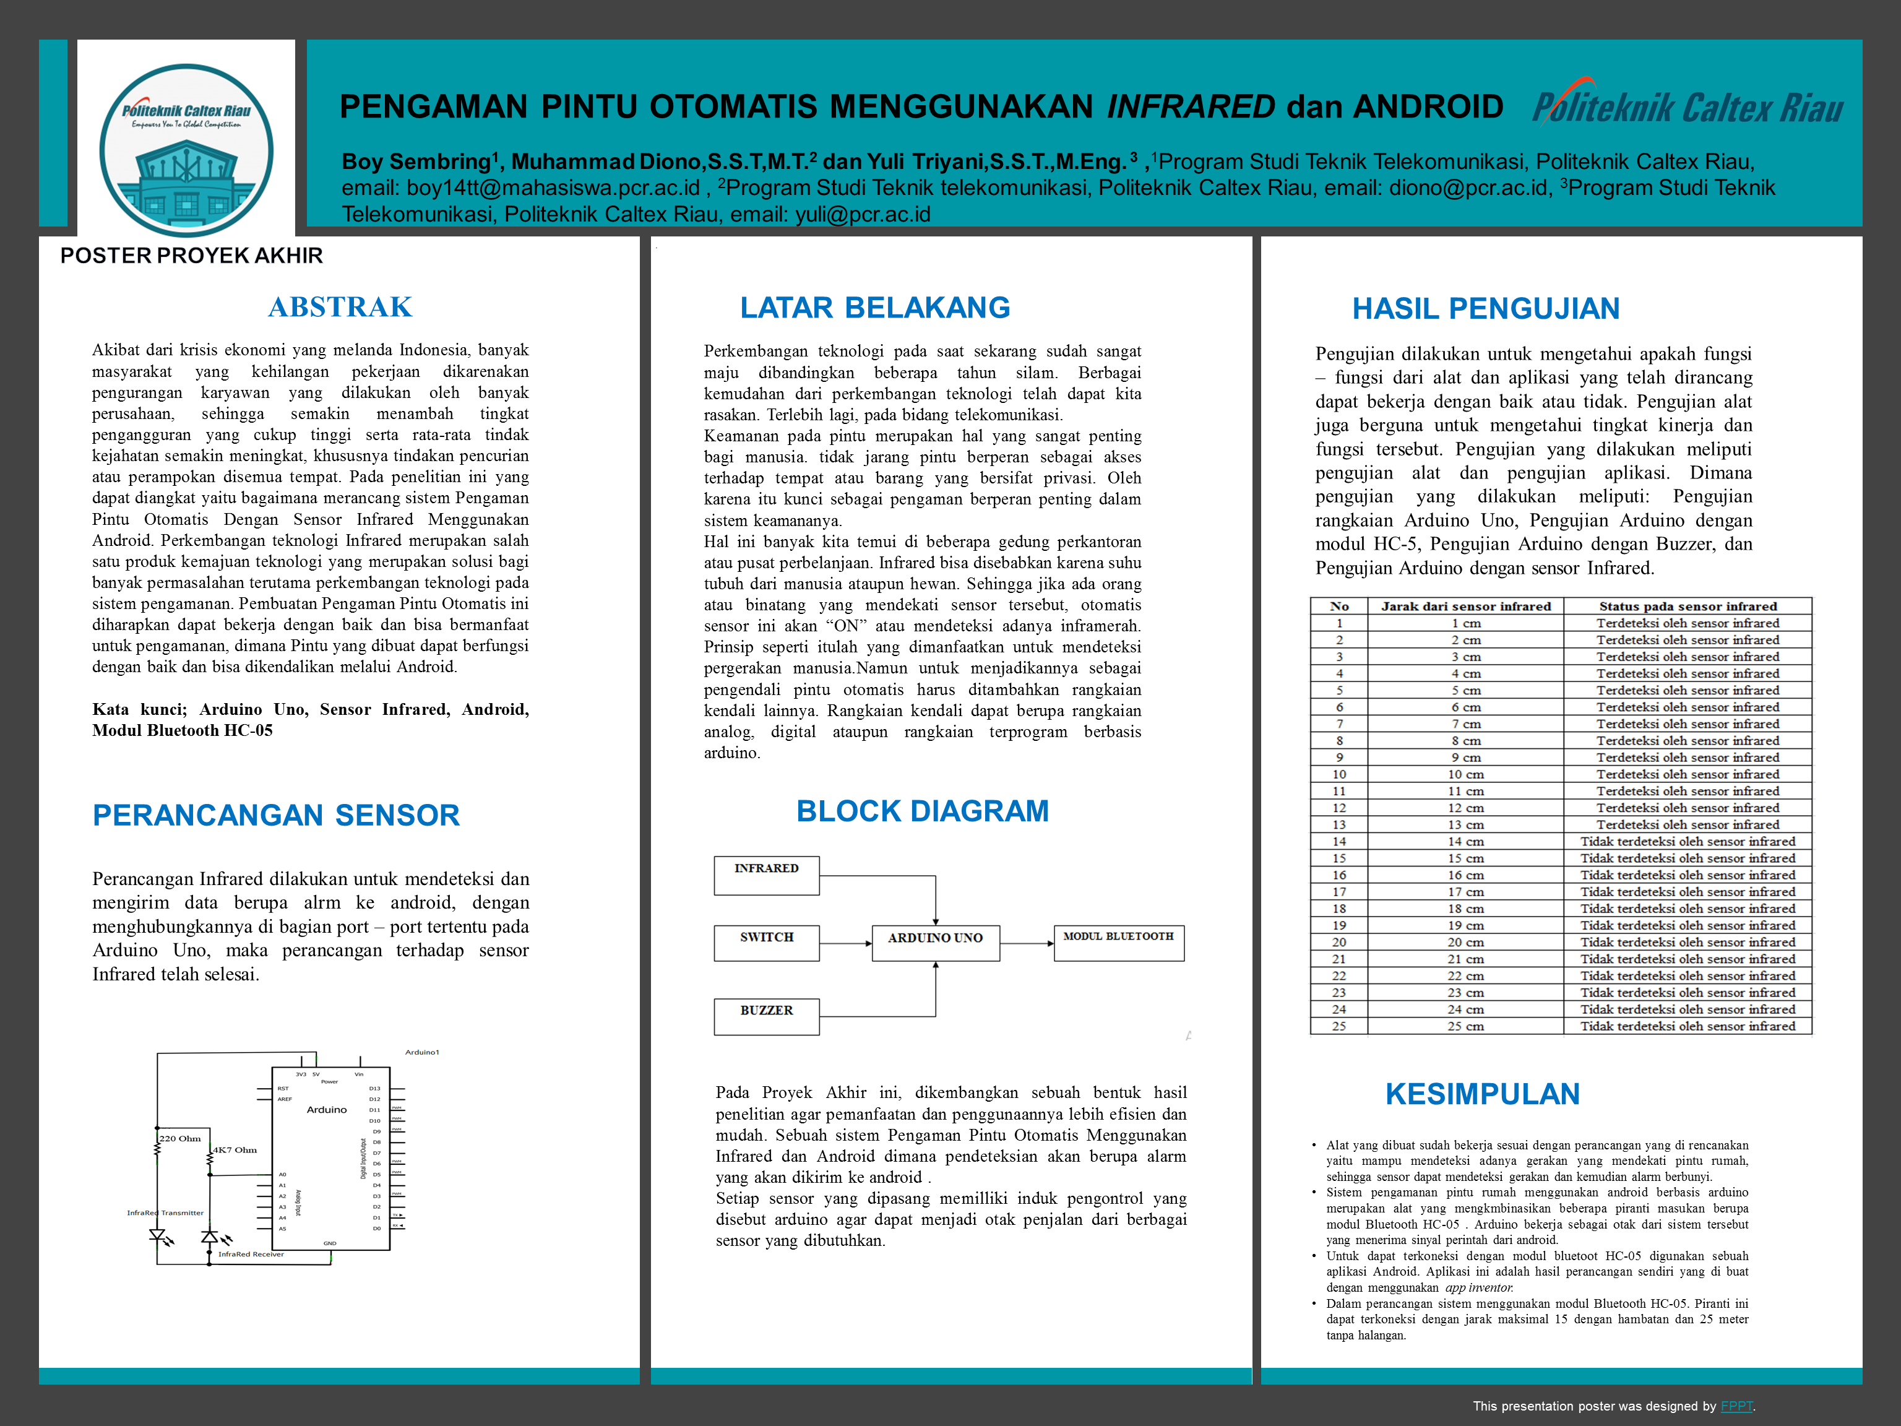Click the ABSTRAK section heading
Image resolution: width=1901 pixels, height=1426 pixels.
[340, 307]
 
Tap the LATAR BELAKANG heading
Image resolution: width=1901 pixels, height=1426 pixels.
[875, 308]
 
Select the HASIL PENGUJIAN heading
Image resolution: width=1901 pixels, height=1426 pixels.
[1486, 309]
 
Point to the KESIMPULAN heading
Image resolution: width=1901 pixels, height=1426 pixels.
[1483, 1094]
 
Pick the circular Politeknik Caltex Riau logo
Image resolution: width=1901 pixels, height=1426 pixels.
[186, 150]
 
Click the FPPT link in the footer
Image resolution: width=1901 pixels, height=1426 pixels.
[1736, 1406]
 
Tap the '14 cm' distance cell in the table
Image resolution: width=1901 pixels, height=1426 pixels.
[1465, 842]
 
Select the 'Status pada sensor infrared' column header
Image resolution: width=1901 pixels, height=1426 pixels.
[1687, 606]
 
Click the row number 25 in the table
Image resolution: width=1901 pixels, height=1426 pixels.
[1339, 1026]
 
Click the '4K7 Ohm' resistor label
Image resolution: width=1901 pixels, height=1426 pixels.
[235, 1150]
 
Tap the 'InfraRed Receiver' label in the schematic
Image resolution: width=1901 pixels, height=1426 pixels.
[251, 1254]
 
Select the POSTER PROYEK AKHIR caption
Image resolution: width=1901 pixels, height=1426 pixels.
[192, 255]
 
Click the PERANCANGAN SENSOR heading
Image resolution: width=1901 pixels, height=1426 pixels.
[276, 815]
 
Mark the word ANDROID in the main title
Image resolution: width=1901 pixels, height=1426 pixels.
[1428, 106]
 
